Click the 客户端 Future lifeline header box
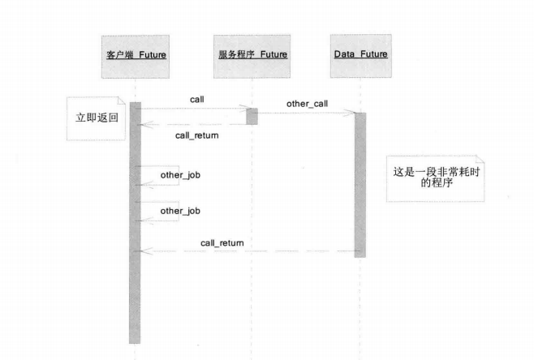tap(136, 54)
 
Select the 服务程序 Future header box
tap(252, 54)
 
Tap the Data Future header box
tap(360, 54)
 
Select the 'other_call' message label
tap(307, 104)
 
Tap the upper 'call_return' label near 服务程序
tap(196, 135)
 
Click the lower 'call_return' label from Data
tap(222, 243)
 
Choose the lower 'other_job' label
tap(180, 211)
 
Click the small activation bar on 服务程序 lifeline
tap(252, 116)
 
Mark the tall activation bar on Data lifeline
tap(360, 185)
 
